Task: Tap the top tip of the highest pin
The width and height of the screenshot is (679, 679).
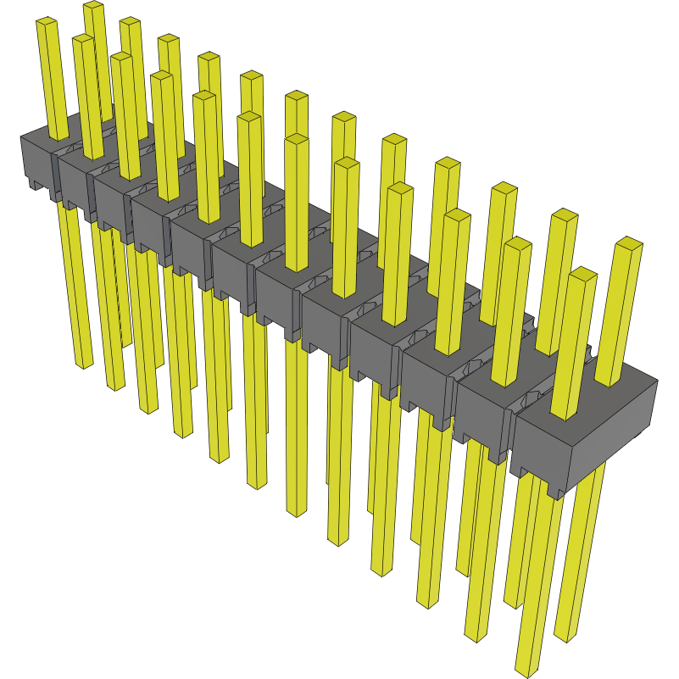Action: pyautogui.click(x=93, y=7)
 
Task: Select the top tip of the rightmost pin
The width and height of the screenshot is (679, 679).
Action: pyautogui.click(x=628, y=244)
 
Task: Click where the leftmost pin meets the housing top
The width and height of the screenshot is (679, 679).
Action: pyautogui.click(x=58, y=136)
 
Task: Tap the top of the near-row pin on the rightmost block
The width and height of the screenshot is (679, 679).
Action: pyautogui.click(x=582, y=275)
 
